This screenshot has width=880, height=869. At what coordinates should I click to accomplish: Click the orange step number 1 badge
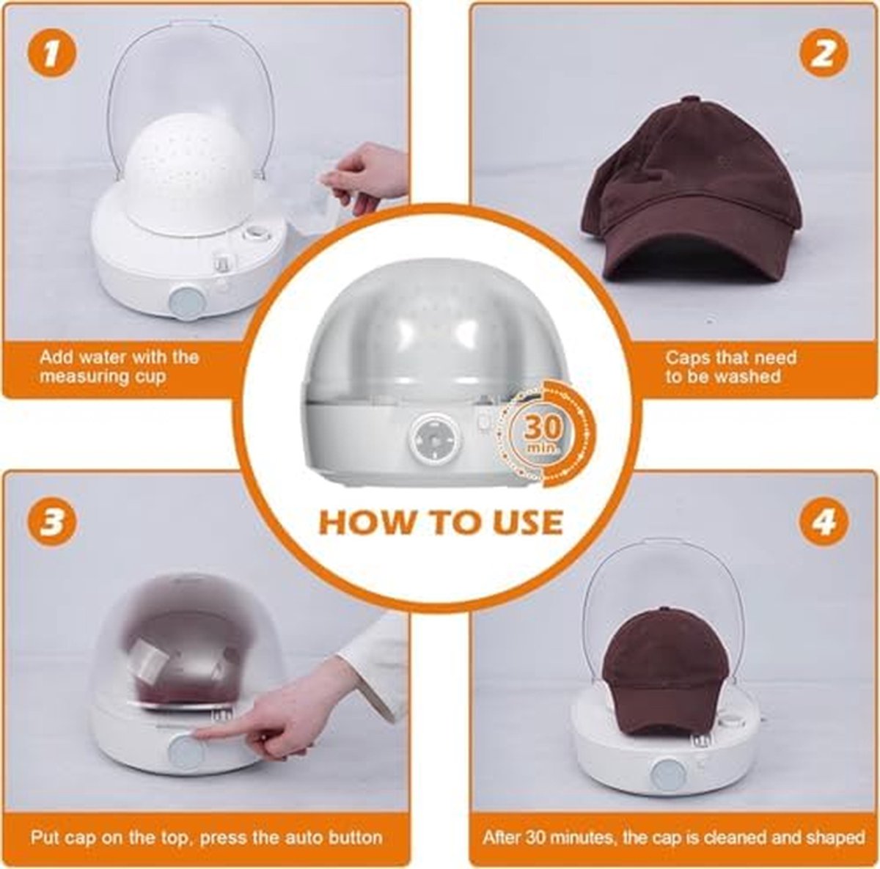tap(52, 55)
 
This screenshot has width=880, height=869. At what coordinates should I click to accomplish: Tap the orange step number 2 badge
tap(824, 55)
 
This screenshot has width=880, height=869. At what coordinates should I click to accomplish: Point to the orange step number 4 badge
tap(824, 524)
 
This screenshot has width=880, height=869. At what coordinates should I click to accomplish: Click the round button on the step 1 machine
tap(187, 302)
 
